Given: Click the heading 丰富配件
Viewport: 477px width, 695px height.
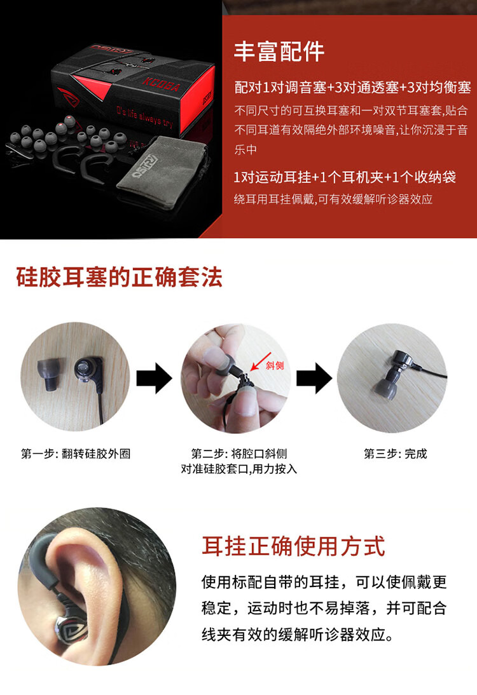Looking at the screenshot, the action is (x=279, y=51).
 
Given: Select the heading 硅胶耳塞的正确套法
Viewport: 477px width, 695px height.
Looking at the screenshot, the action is (x=119, y=278).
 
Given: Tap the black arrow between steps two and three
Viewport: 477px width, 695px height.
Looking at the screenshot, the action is (x=314, y=378).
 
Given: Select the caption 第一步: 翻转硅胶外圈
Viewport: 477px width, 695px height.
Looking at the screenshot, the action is (x=76, y=454).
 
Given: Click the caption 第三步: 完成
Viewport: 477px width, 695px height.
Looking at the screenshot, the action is (x=396, y=454).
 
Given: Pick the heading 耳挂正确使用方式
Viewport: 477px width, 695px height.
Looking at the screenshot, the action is (x=293, y=546).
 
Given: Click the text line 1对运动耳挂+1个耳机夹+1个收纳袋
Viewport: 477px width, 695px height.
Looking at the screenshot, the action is (x=345, y=177).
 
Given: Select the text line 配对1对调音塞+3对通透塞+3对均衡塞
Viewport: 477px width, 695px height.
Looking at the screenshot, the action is (x=352, y=87).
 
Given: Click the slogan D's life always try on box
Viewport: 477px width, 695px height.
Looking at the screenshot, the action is (x=144, y=116).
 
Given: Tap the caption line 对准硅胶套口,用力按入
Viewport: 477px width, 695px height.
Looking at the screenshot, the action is (x=238, y=469).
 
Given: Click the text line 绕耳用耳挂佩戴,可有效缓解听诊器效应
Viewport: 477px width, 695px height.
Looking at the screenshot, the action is (x=333, y=199).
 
